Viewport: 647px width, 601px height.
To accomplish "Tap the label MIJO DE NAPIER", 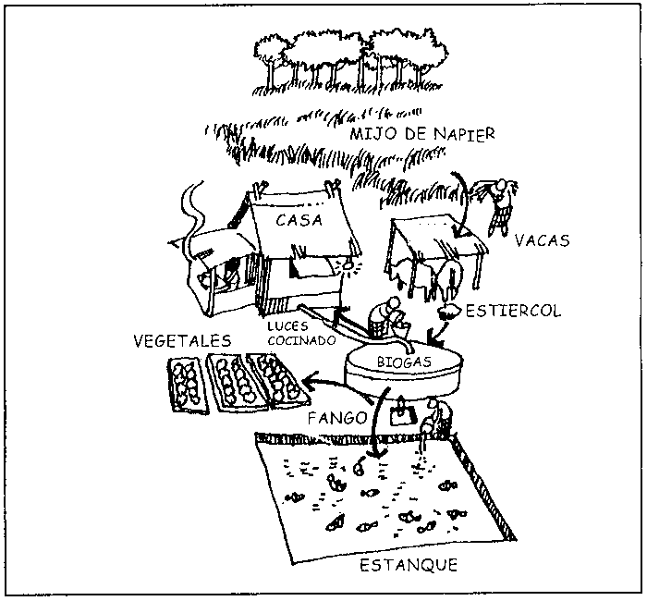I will click(422, 134).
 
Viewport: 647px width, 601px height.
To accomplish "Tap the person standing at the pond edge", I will click(433, 421).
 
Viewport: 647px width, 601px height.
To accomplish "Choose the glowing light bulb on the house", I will click(349, 265).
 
